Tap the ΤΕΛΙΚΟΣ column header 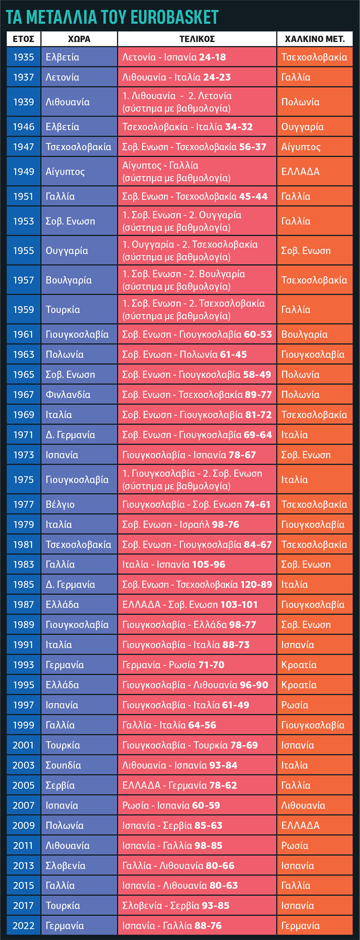[197, 39]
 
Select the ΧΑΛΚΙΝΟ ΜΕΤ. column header [315, 39]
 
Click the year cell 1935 [23, 57]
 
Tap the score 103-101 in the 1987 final [239, 604]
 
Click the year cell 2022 [23, 922]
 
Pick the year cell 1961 [23, 334]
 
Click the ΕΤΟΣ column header [23, 39]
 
